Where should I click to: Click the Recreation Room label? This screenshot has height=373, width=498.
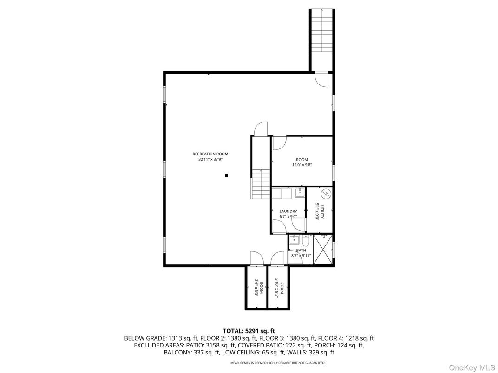click(210, 154)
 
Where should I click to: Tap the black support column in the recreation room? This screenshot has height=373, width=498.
click(226, 176)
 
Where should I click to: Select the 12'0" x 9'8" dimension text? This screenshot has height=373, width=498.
click(301, 165)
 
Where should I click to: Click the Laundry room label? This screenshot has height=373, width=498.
click(288, 211)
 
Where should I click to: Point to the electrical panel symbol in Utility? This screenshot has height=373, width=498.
click(326, 193)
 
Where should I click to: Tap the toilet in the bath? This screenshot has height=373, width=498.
click(305, 241)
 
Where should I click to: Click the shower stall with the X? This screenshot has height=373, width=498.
click(323, 249)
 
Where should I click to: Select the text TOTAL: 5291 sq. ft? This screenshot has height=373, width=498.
click(249, 331)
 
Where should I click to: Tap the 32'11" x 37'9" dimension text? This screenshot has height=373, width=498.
click(210, 160)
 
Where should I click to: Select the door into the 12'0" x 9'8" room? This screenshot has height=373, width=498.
click(279, 143)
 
